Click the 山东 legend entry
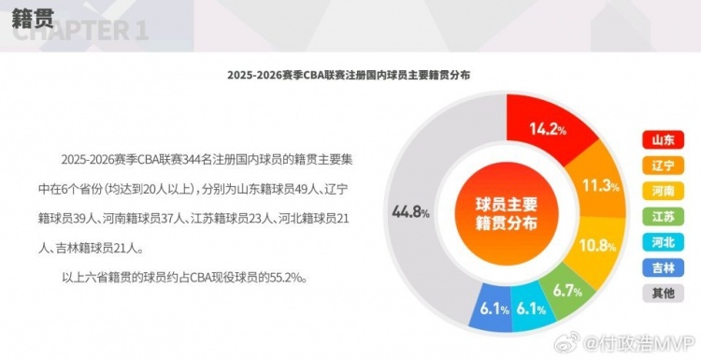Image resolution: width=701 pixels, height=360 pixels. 660,140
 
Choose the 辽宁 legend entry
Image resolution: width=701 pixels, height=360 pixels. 660,166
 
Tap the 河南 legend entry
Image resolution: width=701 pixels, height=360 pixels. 660,191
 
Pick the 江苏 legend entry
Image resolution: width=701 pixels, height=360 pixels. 660,216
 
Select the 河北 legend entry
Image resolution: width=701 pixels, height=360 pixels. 660,241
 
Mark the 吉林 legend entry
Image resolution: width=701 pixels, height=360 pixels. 660,267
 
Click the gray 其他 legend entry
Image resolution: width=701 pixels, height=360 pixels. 660,293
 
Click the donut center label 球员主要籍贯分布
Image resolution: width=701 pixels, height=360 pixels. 507,213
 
